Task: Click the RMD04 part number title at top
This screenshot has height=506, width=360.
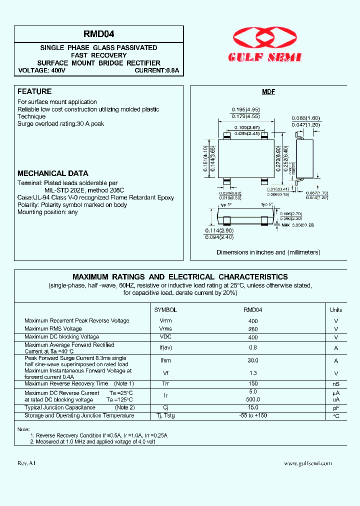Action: point(99,34)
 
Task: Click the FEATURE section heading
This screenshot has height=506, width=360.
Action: point(34,91)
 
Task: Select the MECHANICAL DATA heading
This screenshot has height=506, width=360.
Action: point(53,173)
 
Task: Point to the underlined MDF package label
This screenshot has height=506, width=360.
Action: point(268,92)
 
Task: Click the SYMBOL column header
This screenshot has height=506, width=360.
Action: point(165,310)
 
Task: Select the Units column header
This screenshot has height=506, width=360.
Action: point(336,310)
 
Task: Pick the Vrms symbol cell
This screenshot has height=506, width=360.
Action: point(165,329)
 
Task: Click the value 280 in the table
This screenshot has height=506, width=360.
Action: point(253,329)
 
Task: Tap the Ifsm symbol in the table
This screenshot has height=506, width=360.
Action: point(165,360)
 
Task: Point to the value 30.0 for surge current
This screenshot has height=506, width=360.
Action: point(253,360)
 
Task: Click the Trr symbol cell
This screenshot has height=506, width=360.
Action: point(165,384)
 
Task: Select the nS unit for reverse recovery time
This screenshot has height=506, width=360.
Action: point(336,384)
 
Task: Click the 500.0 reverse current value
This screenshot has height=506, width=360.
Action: point(253,400)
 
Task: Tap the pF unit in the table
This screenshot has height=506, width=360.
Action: point(336,408)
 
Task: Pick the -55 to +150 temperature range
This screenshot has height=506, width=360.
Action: point(253,416)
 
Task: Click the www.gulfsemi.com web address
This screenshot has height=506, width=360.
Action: point(307,463)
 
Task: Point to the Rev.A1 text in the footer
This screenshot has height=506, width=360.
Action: point(27,463)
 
